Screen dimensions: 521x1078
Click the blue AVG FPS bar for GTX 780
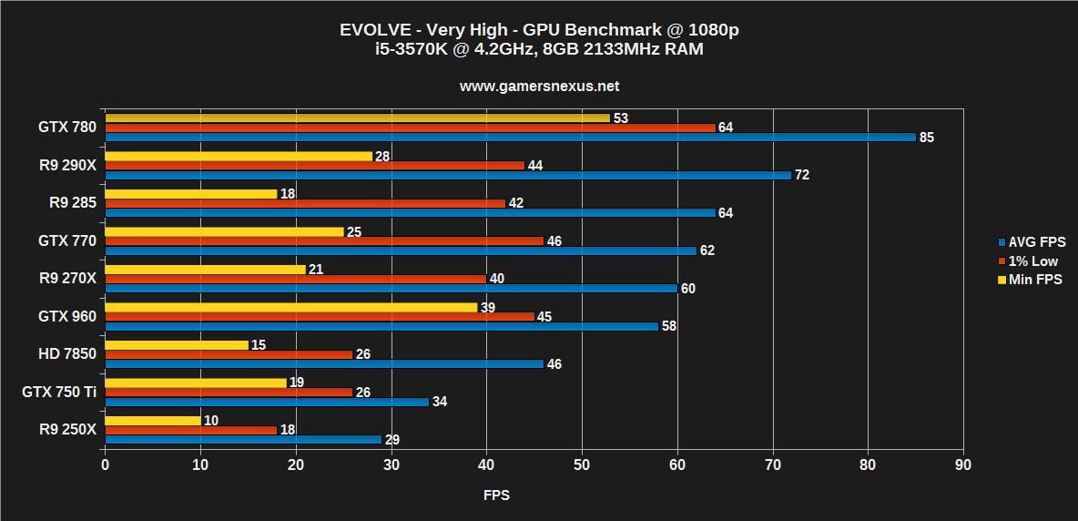[510, 138]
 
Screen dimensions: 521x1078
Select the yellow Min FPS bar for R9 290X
[239, 156]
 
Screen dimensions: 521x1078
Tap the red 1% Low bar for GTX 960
[320, 317]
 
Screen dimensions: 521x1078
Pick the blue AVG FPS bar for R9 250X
[243, 439]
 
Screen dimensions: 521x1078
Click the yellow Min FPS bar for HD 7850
[177, 344]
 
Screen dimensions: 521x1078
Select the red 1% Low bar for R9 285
[305, 203]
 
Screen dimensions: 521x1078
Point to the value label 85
[927, 138]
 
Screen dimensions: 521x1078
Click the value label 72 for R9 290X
[802, 175]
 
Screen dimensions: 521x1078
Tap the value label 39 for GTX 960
[487, 308]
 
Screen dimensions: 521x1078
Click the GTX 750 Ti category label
[58, 392]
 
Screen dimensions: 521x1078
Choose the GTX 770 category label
[66, 240]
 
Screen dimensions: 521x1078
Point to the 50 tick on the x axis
[582, 465]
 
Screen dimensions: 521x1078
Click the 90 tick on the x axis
[962, 465]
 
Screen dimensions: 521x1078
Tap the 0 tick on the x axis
[106, 465]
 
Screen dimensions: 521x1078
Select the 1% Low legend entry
[1032, 261]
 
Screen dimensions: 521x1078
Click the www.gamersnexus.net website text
[539, 87]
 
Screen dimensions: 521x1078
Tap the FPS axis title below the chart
[496, 495]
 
